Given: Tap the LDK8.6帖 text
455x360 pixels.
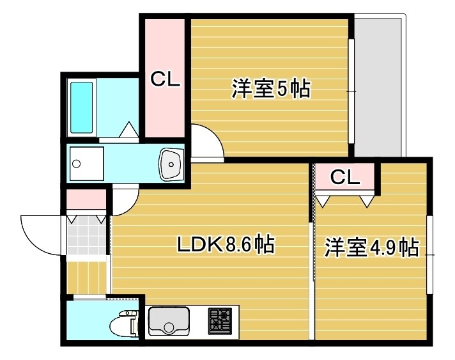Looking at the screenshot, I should pyautogui.click(x=226, y=244).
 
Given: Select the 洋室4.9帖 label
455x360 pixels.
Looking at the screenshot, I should pyautogui.click(x=371, y=247).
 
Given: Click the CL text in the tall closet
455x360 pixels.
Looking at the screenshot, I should pyautogui.click(x=166, y=79).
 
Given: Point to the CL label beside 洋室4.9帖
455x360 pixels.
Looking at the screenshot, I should pyautogui.click(x=345, y=177).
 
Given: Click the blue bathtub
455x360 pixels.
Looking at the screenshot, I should pyautogui.click(x=82, y=107).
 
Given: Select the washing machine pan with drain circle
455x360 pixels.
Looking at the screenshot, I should pyautogui.click(x=86, y=164).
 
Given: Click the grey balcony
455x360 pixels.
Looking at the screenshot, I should pyautogui.click(x=380, y=86).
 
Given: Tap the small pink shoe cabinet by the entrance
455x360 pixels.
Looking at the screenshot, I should pyautogui.click(x=86, y=200).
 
